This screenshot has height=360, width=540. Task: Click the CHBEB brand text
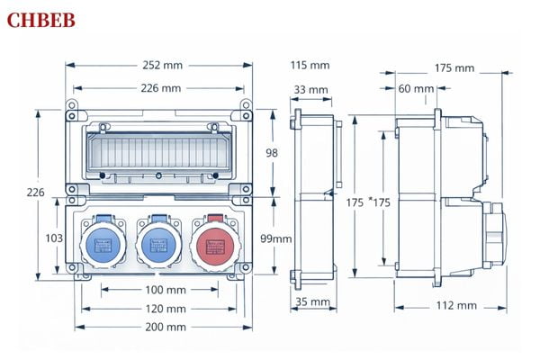(x=40, y=20)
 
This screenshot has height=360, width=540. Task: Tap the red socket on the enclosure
(x=213, y=242)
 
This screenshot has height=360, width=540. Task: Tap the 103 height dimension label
(x=53, y=238)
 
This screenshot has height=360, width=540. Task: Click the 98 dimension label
(x=272, y=153)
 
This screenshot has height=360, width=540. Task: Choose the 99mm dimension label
(x=277, y=238)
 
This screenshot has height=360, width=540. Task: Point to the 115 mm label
(x=310, y=65)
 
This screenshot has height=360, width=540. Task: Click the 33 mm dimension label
(x=310, y=89)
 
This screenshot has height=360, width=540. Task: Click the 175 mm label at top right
(x=454, y=67)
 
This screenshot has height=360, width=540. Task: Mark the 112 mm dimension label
(x=457, y=305)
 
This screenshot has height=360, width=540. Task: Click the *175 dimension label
(x=380, y=202)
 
